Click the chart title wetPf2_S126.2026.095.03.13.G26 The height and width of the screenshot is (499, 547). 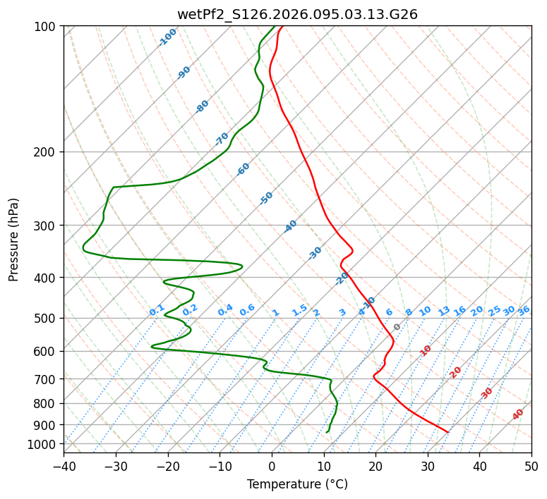click(297, 14)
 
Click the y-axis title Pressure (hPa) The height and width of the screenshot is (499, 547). click(14, 240)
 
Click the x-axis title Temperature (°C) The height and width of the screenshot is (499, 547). click(297, 485)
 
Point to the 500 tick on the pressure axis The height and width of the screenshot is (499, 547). click(45, 319)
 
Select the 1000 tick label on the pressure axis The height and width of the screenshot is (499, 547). click(42, 444)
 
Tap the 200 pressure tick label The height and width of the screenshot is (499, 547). click(45, 152)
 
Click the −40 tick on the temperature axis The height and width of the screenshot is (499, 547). click(64, 466)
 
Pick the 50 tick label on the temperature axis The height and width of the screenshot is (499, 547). click(531, 466)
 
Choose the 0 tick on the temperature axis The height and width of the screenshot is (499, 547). click(272, 466)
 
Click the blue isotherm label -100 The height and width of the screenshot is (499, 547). click(167, 37)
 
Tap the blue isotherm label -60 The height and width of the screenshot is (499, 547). click(244, 169)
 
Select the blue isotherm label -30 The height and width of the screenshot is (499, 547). click(315, 253)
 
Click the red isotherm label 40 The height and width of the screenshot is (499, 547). click(518, 414)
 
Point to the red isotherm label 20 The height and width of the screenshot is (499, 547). click(456, 371)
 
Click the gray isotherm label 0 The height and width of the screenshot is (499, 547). click(397, 327)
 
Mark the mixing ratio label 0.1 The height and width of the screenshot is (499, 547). click(157, 310)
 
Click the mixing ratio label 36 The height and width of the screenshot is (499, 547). click(524, 310)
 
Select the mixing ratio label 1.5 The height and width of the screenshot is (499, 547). click(299, 310)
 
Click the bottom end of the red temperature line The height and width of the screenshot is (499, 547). click(447, 431)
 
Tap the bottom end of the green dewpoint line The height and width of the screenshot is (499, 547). click(327, 431)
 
